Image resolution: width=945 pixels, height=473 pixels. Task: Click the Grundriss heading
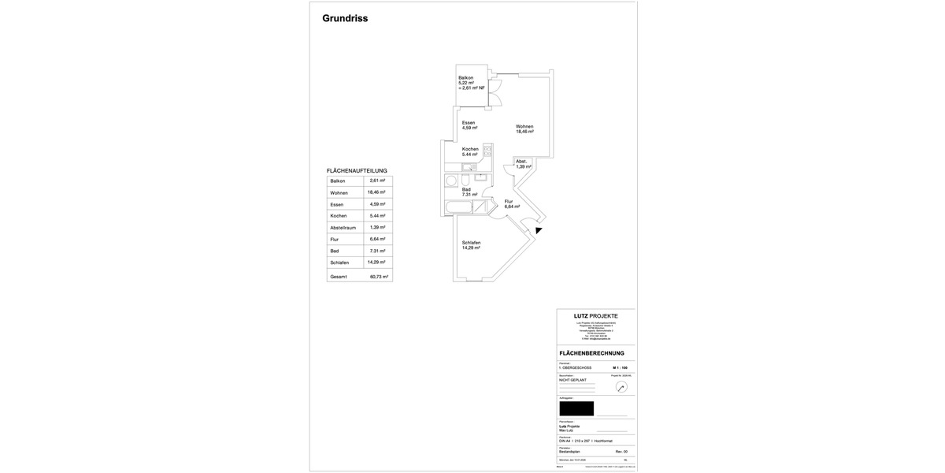[345, 19]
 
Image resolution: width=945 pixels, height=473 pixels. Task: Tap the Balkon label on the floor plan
[466, 77]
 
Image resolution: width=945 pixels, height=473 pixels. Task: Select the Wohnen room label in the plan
[524, 126]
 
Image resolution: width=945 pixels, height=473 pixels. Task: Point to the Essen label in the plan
[469, 123]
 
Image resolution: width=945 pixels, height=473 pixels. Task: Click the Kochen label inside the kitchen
[470, 149]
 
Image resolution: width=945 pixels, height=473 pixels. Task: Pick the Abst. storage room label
[521, 162]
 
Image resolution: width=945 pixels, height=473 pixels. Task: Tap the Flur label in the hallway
[510, 201]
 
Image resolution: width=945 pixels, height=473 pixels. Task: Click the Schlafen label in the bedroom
[472, 242]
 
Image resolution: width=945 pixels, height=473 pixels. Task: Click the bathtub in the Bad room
[458, 208]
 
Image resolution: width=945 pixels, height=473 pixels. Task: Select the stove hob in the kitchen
[487, 150]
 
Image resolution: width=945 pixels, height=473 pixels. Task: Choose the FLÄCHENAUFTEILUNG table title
[357, 170]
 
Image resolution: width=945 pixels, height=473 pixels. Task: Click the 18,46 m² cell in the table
[376, 192]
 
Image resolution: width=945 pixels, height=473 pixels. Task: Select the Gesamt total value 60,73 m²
[379, 277]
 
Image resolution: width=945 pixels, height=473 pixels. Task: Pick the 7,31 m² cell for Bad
[376, 251]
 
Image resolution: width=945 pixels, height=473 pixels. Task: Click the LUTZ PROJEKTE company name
[595, 316]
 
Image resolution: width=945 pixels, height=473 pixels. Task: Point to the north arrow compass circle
[621, 387]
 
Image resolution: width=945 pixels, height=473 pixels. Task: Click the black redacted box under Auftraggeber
[576, 408]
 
